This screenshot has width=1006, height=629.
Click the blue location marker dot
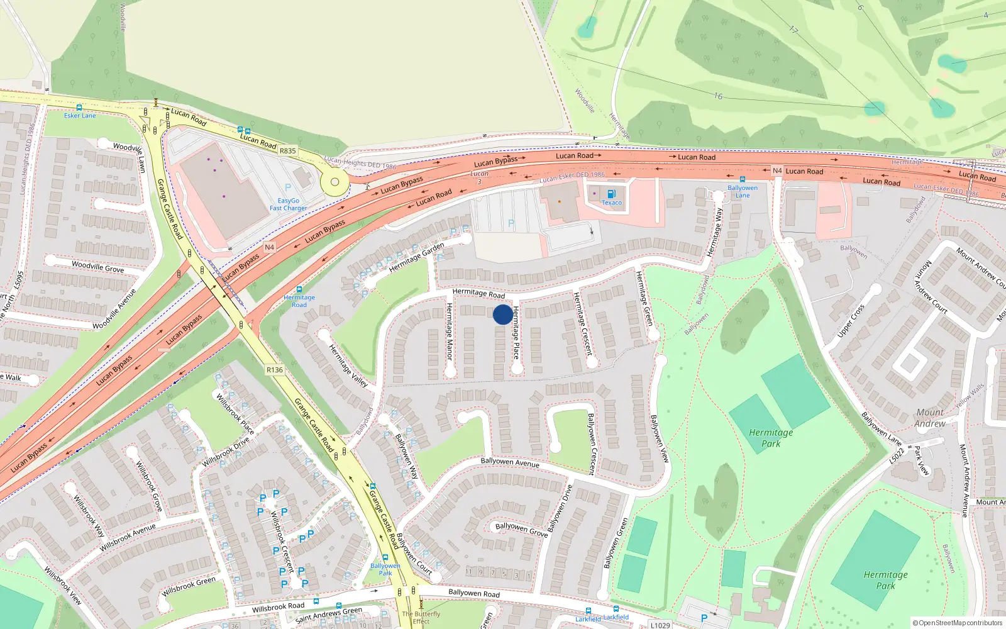(x=502, y=314)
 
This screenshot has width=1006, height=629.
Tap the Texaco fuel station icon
(x=611, y=194)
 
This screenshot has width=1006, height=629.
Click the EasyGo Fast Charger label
(x=289, y=205)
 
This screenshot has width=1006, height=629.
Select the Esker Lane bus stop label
(x=80, y=116)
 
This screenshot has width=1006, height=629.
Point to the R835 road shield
(x=287, y=151)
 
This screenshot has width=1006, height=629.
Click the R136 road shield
(x=275, y=370)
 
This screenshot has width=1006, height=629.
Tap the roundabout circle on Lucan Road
(x=334, y=182)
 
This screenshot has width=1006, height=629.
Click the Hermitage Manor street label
(x=450, y=331)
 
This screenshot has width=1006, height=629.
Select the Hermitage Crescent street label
(x=583, y=323)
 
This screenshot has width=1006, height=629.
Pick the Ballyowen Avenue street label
(x=510, y=462)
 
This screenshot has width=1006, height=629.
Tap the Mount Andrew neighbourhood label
(x=930, y=418)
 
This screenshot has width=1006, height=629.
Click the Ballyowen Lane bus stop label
(x=743, y=191)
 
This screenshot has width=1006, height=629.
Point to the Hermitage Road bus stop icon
(x=299, y=289)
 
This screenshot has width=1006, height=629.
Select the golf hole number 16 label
(x=718, y=96)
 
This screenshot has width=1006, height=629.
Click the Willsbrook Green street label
(x=189, y=586)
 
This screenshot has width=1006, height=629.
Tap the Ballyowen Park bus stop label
(x=385, y=569)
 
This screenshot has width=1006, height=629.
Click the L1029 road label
(x=660, y=625)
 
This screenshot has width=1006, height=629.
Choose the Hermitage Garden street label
(x=416, y=257)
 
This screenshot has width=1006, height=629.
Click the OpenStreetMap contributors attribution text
(x=959, y=623)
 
